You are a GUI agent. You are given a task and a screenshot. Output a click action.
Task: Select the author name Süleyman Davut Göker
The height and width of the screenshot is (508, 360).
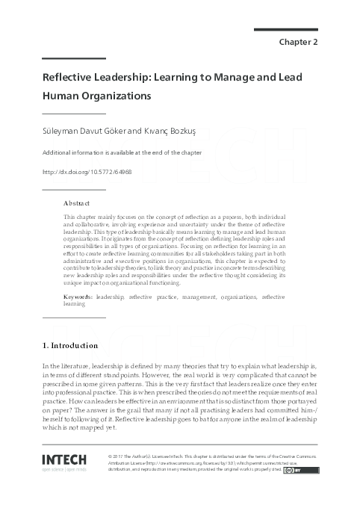pos(75,131)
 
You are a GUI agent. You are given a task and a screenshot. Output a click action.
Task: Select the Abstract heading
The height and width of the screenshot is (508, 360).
pos(77,202)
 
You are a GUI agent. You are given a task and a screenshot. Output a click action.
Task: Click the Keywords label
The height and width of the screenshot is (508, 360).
pos(78,297)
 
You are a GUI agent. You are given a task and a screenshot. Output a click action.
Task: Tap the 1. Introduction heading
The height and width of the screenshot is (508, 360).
pos(69,345)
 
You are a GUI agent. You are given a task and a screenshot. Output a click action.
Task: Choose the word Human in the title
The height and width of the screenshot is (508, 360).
pos(58,96)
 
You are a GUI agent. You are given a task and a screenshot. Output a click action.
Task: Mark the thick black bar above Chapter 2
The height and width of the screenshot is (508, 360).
pos(286,30)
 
